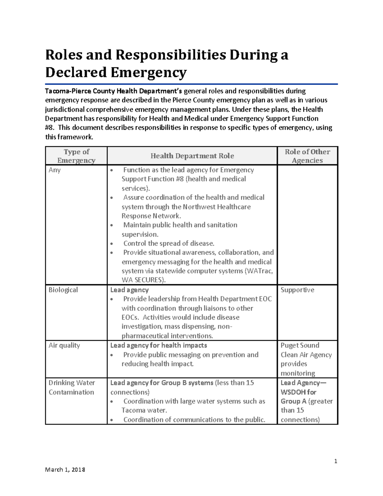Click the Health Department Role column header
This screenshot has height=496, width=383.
[x=192, y=156]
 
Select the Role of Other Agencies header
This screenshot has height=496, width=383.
[x=307, y=156]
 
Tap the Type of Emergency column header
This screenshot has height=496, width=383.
[x=76, y=156]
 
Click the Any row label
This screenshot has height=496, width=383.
[x=55, y=170]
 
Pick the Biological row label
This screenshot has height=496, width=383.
[x=63, y=290]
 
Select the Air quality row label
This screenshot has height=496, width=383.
[x=64, y=345]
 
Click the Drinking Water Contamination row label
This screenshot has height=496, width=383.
[x=71, y=387]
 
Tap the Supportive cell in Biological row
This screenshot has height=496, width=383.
[x=297, y=290]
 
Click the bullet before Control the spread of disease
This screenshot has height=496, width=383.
[x=111, y=244]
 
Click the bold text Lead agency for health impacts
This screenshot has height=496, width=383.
[x=159, y=345]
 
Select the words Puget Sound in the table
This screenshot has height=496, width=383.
[x=300, y=345]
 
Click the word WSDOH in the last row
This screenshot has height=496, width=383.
[x=293, y=392]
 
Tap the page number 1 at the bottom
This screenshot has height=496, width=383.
[x=335, y=461]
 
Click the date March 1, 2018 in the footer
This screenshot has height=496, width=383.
[x=65, y=469]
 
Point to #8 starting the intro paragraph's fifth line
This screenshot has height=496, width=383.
[x=49, y=128]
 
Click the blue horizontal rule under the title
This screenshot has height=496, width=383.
[x=191, y=84]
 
